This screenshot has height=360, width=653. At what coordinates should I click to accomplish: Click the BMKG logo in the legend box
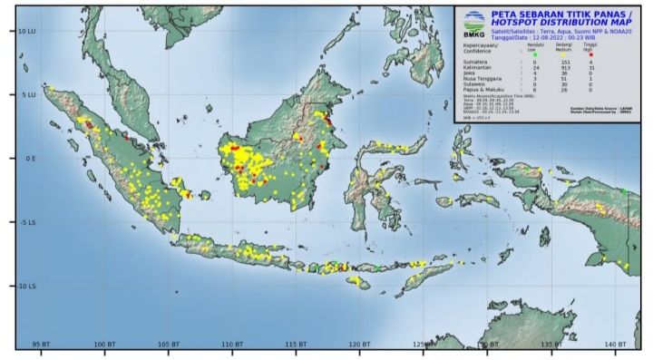pos(473,23)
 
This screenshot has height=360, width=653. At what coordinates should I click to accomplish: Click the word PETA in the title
pos(501,15)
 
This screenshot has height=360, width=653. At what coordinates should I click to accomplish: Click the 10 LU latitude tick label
pos(25,31)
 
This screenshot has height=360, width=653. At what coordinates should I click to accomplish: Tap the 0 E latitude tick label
pos(29,158)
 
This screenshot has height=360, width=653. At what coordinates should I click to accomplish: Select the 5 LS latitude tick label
pos(27,222)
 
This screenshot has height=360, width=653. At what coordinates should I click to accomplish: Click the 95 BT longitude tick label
pos(41,345)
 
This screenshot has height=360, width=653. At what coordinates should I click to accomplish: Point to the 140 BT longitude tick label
pos(617,345)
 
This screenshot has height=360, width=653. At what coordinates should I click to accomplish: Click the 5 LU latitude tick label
pos(27,94)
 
